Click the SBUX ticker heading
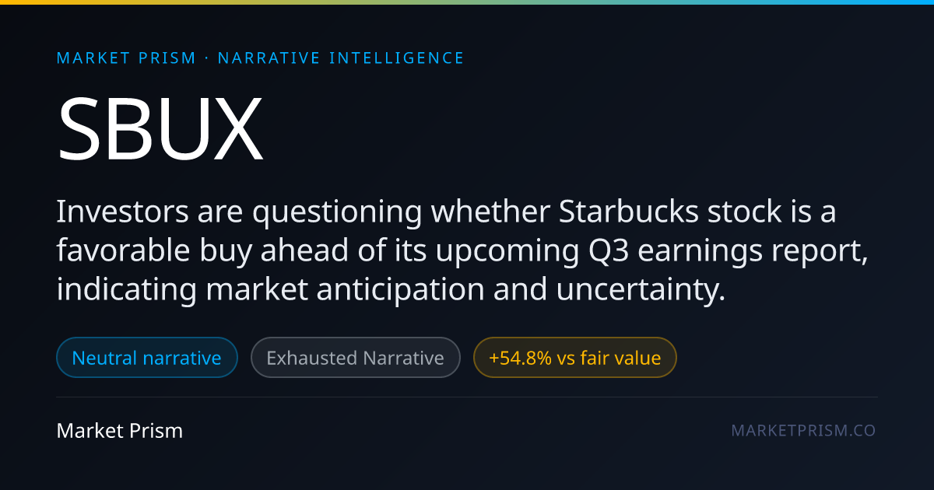(160, 128)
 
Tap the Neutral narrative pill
(147, 358)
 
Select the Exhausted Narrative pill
(355, 358)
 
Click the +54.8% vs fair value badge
(574, 358)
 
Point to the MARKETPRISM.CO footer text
(803, 430)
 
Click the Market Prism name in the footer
(120, 430)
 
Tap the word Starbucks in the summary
(628, 212)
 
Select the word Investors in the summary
(123, 212)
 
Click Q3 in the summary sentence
(609, 250)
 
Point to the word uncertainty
(641, 290)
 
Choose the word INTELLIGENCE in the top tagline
(396, 58)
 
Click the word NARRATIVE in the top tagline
(269, 58)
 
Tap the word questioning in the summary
(337, 212)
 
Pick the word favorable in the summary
(123, 250)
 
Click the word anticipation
(400, 290)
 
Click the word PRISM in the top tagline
(167, 58)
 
